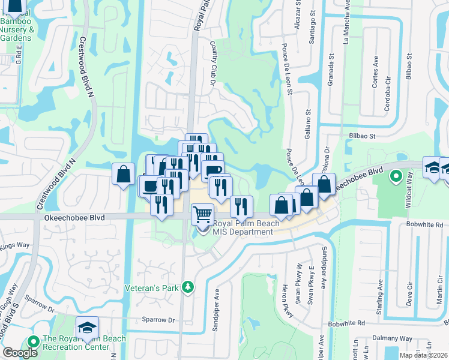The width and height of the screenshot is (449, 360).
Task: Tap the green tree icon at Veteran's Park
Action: click(x=188, y=287)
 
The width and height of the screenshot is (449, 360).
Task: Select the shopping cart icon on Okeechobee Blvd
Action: click(x=202, y=214)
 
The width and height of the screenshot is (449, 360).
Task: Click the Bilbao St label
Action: click(x=362, y=136)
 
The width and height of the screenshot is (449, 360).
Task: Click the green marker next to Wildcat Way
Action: click(x=396, y=177)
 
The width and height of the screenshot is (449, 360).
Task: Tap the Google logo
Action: click(x=20, y=353)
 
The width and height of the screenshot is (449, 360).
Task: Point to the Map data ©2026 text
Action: click(x=423, y=355)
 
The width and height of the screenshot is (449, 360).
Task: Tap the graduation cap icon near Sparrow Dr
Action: click(x=87, y=328)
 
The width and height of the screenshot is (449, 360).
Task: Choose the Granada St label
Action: click(x=331, y=70)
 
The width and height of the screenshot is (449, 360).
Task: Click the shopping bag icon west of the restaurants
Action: click(x=123, y=174)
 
